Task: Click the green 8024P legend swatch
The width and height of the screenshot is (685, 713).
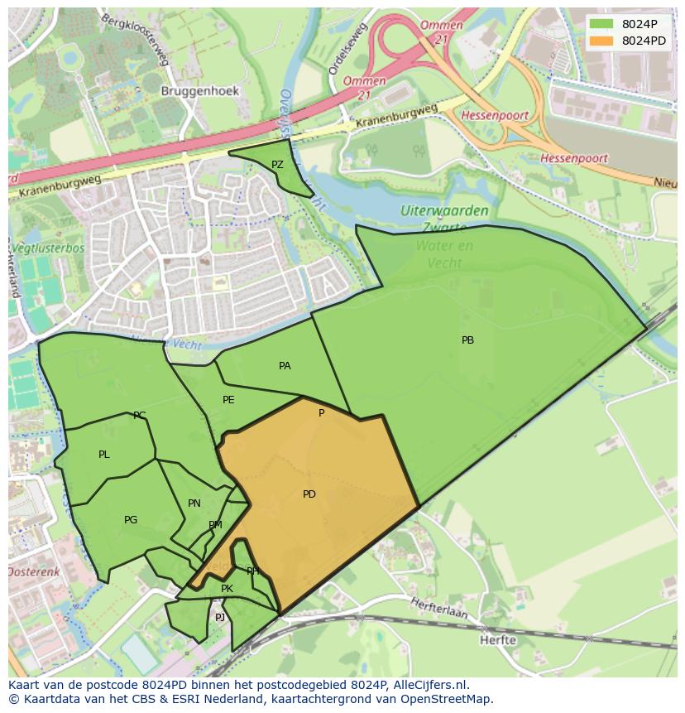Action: pyautogui.click(x=601, y=24)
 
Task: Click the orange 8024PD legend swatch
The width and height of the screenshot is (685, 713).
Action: pyautogui.click(x=601, y=41)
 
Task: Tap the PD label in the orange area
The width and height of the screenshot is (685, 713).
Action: pyautogui.click(x=309, y=494)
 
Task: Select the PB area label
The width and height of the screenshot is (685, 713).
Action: pyautogui.click(x=467, y=340)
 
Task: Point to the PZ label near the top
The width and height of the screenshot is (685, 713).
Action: pyautogui.click(x=277, y=165)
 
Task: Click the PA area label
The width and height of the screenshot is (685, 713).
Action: pyautogui.click(x=285, y=366)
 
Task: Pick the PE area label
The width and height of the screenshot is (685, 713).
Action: pyautogui.click(x=228, y=400)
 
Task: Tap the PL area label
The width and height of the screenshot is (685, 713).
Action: pyautogui.click(x=103, y=455)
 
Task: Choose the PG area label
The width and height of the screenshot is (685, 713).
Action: pyautogui.click(x=131, y=520)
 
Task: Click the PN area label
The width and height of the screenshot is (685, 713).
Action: pyautogui.click(x=194, y=503)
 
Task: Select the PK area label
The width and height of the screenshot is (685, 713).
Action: pyautogui.click(x=227, y=589)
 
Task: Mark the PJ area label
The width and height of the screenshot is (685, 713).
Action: pyautogui.click(x=220, y=618)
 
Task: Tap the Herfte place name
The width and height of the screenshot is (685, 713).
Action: pyautogui.click(x=498, y=639)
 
